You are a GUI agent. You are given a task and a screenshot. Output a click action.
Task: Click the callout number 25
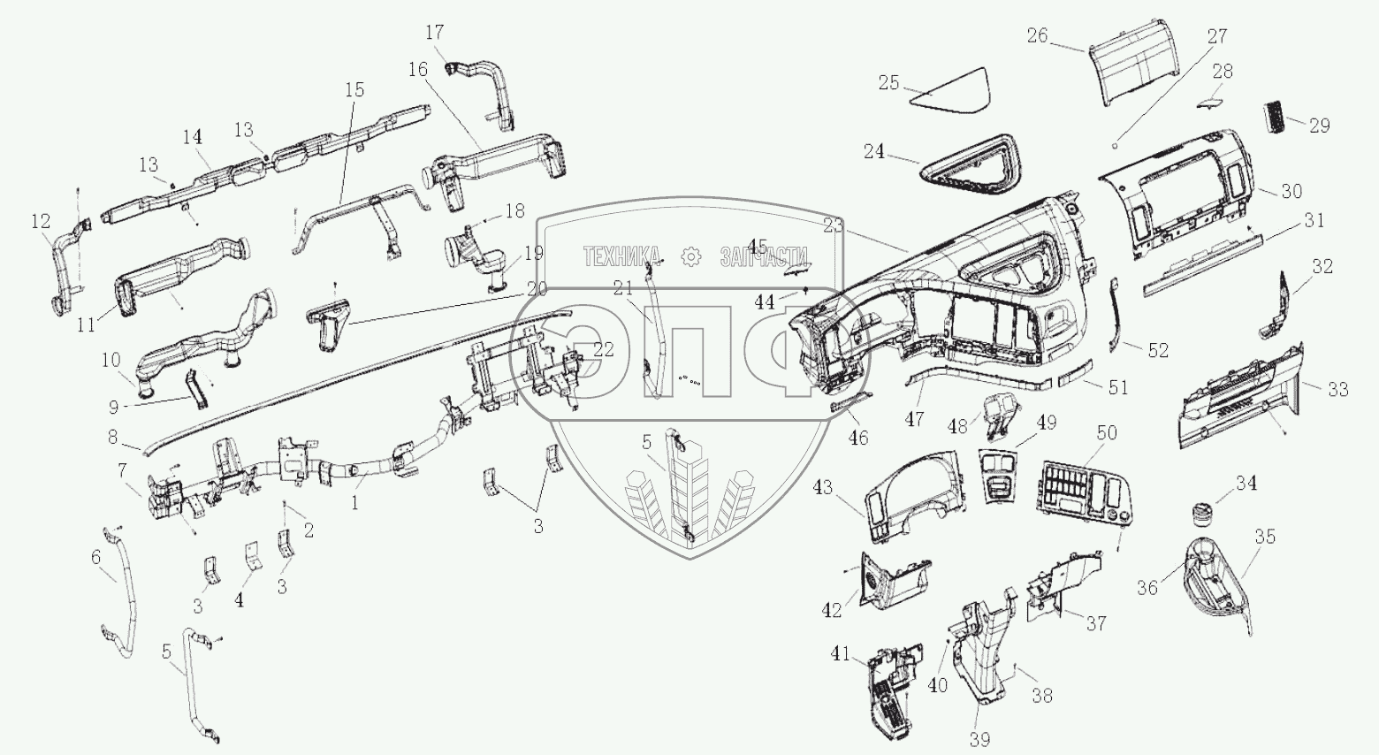pyautogui.click(x=888, y=82)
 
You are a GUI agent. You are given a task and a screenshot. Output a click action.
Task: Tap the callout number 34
pyautogui.click(x=1246, y=484)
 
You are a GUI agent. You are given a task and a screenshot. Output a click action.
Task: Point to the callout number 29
pyautogui.click(x=1319, y=126)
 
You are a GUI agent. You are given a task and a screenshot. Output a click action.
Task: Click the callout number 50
pyautogui.click(x=1107, y=432)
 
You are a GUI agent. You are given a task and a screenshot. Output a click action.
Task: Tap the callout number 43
pyautogui.click(x=823, y=487)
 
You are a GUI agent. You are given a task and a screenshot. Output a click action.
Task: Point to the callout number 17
pyautogui.click(x=434, y=33)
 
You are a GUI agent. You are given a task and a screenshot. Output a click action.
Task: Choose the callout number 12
pyautogui.click(x=41, y=221)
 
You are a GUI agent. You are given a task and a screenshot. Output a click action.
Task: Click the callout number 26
pyautogui.click(x=1037, y=35)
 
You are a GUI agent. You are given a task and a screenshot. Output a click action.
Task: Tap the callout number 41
pyautogui.click(x=841, y=654)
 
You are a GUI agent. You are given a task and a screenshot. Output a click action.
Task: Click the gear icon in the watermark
pyautogui.click(x=690, y=256)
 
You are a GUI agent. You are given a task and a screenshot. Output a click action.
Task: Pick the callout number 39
pyautogui.click(x=980, y=739)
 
